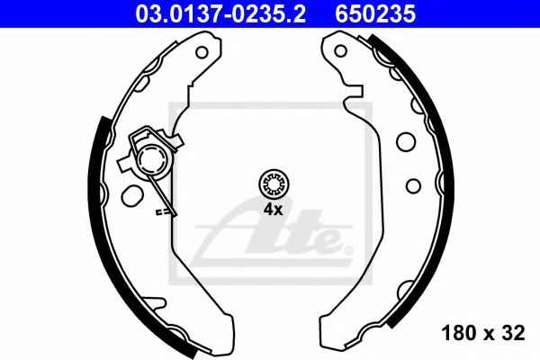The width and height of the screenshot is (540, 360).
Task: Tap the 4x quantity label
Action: pyautogui.click(x=273, y=210)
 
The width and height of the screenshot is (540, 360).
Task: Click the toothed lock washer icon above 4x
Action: pyautogui.click(x=272, y=184)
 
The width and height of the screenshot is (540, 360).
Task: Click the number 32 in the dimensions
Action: pyautogui.click(x=513, y=333)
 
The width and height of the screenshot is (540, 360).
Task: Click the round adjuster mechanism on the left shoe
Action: pyautogui.click(x=153, y=163)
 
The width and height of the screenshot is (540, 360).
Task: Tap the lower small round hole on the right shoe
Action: pyautogui.click(x=414, y=185)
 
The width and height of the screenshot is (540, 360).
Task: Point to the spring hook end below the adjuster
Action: pyautogui.click(x=162, y=213)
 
